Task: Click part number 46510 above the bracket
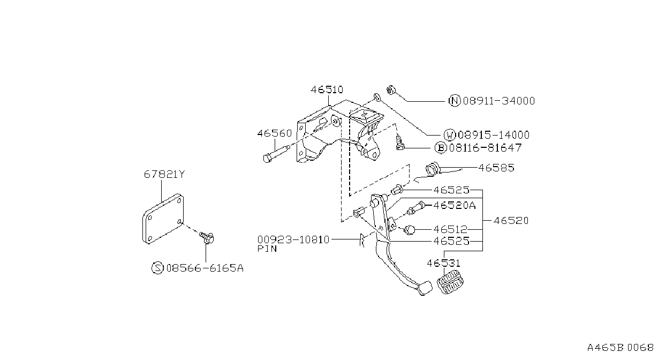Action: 327,89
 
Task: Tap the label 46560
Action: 274,133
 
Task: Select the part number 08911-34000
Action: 499,101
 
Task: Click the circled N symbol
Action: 455,101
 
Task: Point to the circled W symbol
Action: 449,135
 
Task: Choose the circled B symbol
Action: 441,147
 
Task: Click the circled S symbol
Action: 157,268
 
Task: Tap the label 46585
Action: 496,168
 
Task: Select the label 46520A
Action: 454,205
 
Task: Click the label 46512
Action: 450,229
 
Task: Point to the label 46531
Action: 443,263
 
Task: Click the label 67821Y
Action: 164,175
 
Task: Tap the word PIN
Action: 267,249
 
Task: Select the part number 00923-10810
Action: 293,240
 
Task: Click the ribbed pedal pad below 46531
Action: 450,283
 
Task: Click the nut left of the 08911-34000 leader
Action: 391,89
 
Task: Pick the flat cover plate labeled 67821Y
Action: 163,219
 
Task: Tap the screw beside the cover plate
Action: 207,237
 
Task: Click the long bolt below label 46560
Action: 276,153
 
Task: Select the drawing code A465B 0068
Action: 621,348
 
